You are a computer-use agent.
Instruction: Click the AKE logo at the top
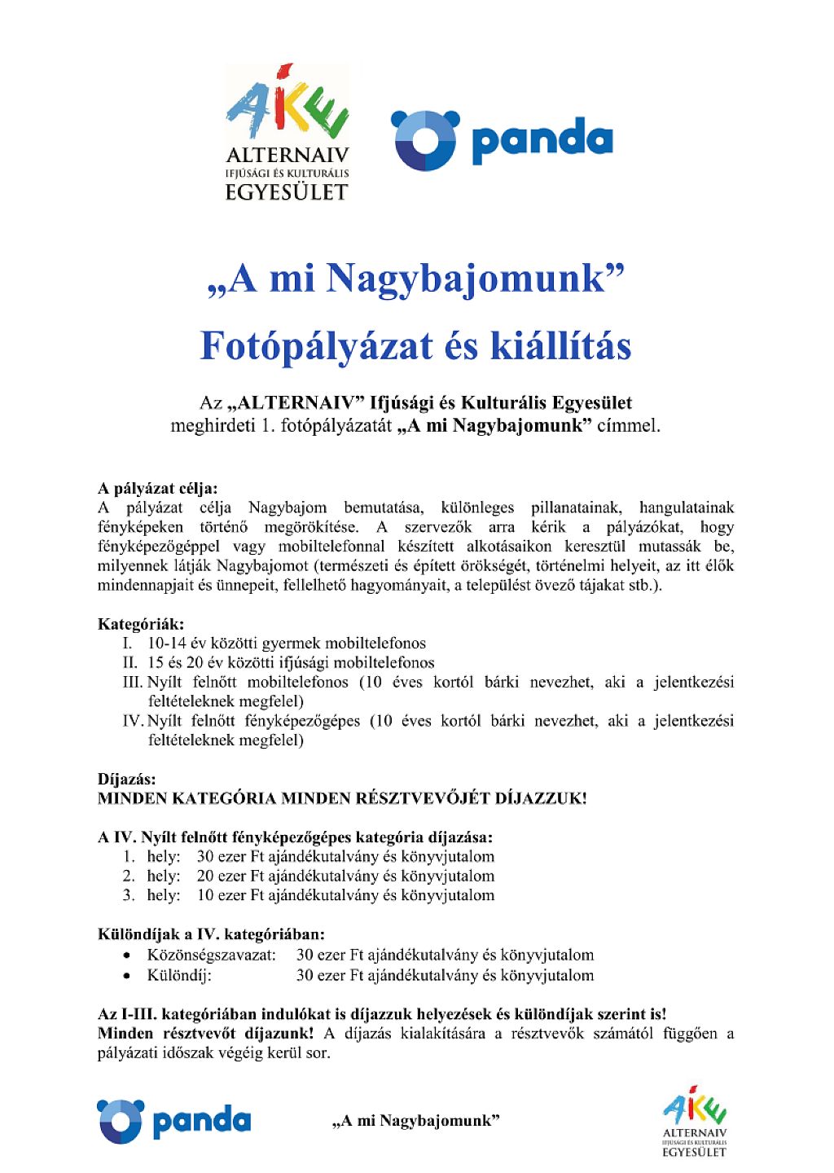pyautogui.click(x=287, y=132)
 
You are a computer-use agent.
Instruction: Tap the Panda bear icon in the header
pyautogui.click(x=425, y=140)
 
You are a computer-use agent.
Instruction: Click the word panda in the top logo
pyautogui.click(x=542, y=140)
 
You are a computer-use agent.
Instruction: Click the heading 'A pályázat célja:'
pyautogui.click(x=158, y=489)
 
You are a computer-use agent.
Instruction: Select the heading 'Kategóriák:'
pyautogui.click(x=141, y=625)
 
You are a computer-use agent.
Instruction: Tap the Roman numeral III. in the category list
pyautogui.click(x=133, y=683)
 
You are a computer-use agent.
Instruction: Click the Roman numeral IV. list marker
pyautogui.click(x=133, y=722)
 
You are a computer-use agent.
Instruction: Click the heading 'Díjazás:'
pyautogui.click(x=127, y=780)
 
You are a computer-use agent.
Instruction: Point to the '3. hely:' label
pyautogui.click(x=151, y=896)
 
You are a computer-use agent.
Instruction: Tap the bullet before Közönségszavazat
pyautogui.click(x=127, y=956)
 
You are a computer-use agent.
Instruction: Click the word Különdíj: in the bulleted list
pyautogui.click(x=179, y=976)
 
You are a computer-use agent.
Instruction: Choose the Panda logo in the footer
pyautogui.click(x=173, y=1122)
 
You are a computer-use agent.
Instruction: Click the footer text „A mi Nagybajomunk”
pyautogui.click(x=415, y=1122)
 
